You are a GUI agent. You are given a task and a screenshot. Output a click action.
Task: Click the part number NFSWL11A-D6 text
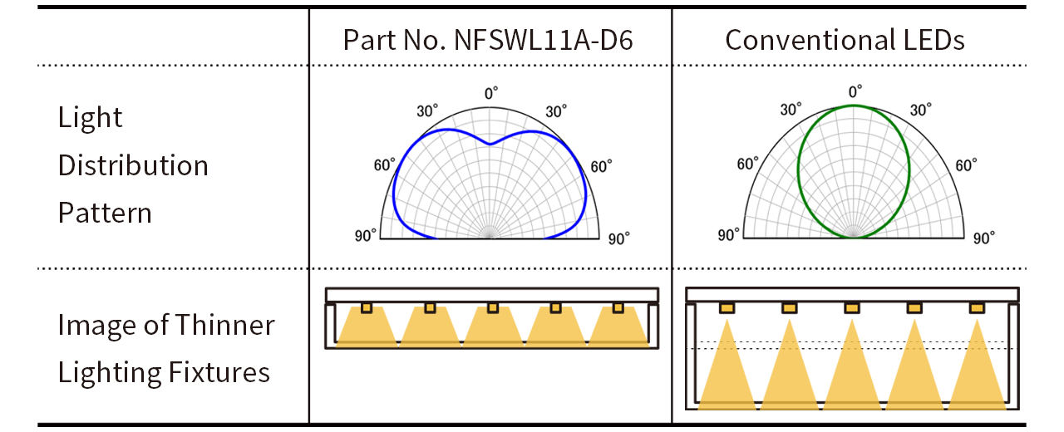pyautogui.click(x=544, y=40)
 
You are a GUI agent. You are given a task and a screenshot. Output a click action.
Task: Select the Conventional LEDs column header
pyautogui.click(x=845, y=40)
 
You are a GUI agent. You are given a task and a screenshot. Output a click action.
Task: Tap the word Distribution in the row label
pyautogui.click(x=133, y=165)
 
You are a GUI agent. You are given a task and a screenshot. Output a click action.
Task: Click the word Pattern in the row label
pyautogui.click(x=105, y=213)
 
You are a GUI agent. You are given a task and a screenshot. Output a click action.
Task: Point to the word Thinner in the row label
pyautogui.click(x=225, y=325)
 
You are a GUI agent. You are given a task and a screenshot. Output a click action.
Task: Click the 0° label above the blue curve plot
pyautogui.click(x=491, y=93)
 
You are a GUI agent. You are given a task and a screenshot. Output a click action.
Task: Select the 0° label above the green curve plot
pyautogui.click(x=855, y=91)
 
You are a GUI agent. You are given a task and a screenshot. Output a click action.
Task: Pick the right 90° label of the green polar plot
pyautogui.click(x=983, y=238)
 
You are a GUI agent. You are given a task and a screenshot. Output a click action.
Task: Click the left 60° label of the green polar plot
pyautogui.click(x=748, y=164)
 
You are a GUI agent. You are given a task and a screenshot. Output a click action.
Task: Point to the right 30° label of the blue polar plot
pyautogui.click(x=556, y=110)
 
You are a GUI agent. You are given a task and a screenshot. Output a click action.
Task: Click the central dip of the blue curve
pyautogui.click(x=490, y=144)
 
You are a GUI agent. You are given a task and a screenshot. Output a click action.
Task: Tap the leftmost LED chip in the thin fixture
pyautogui.click(x=367, y=308)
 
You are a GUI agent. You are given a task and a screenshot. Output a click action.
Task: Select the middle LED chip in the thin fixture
pyautogui.click(x=493, y=308)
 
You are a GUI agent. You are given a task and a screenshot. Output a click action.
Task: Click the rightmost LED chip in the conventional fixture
pyautogui.click(x=977, y=308)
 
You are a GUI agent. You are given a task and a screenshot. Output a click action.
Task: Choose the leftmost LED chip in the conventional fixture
pyautogui.click(x=727, y=308)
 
